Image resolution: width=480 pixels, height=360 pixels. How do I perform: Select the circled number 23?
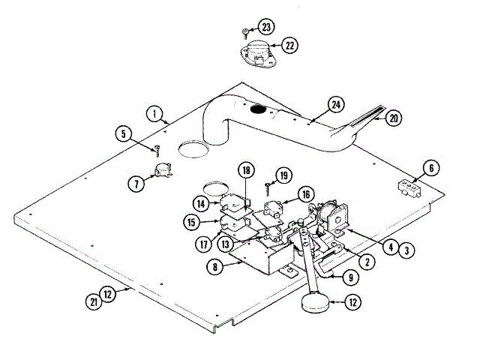(268, 28)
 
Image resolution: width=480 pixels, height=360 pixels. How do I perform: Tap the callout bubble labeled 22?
(289, 45)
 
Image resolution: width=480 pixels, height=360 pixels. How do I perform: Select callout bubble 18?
(245, 170)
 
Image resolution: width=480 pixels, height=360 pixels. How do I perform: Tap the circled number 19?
(282, 175)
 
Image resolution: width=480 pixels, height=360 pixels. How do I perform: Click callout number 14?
(200, 202)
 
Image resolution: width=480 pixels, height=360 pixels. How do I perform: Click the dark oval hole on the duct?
(258, 110)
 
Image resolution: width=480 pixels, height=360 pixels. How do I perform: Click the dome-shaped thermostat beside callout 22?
(257, 52)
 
